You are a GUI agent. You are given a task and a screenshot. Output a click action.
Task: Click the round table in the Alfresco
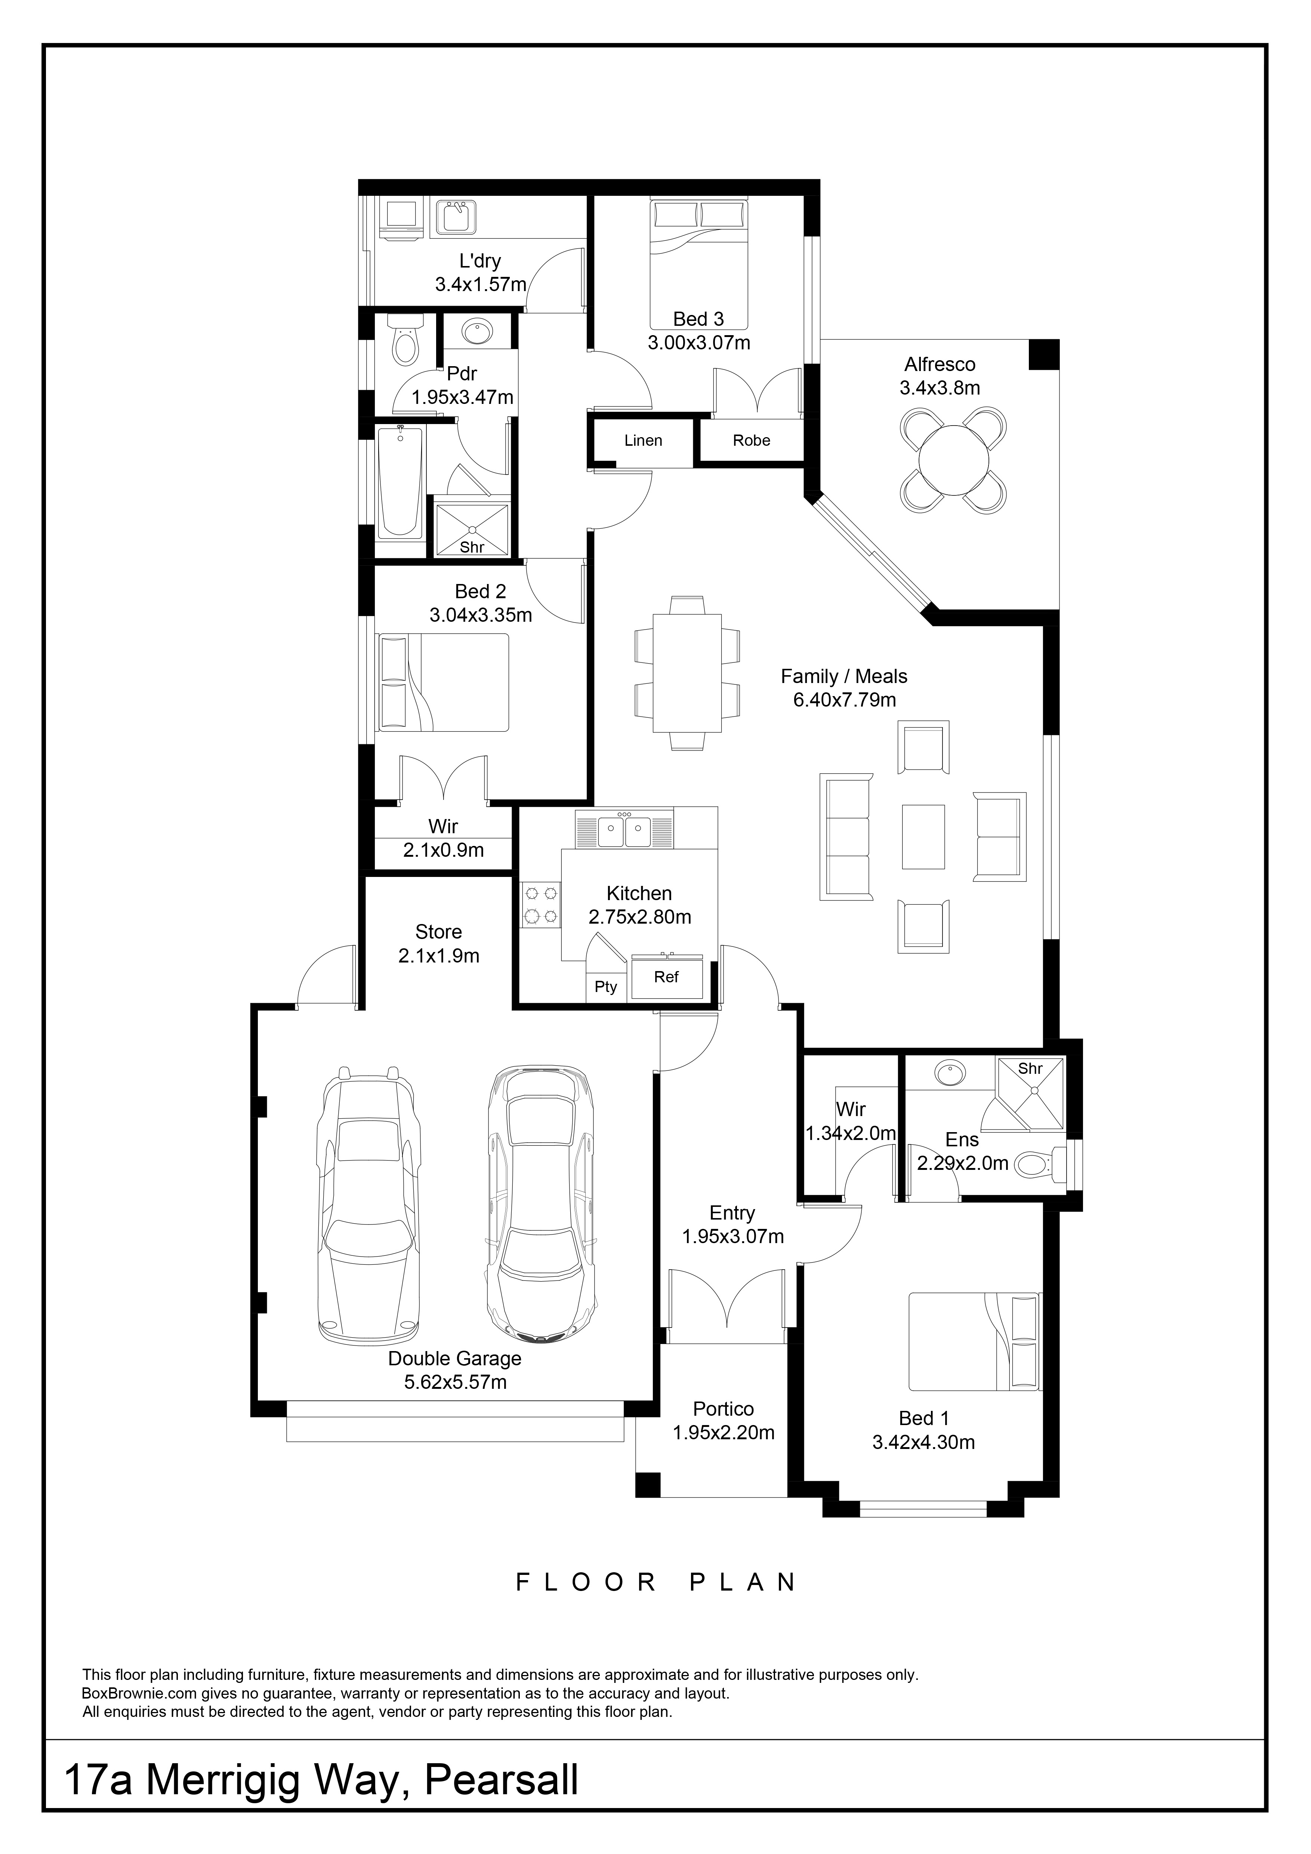[954, 460]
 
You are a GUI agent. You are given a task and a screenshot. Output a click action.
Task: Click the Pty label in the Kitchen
[606, 987]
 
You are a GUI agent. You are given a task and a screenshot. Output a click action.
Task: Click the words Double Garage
[455, 1358]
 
